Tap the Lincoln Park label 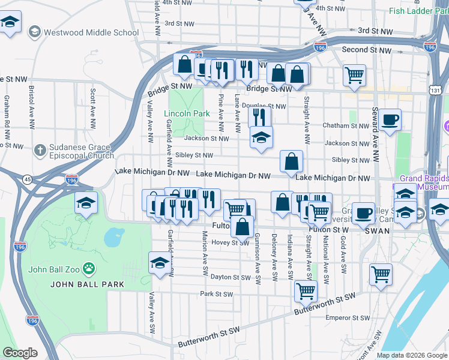coord(187,113)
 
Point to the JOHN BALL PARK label coord(87,284)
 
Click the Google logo coord(20,353)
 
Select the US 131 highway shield coord(435,89)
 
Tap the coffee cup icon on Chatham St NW coord(390,120)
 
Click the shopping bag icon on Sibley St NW coord(291,161)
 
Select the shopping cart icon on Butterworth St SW coord(306,291)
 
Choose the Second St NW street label coord(363,49)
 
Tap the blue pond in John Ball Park coord(113,238)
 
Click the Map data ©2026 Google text coord(412,355)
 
